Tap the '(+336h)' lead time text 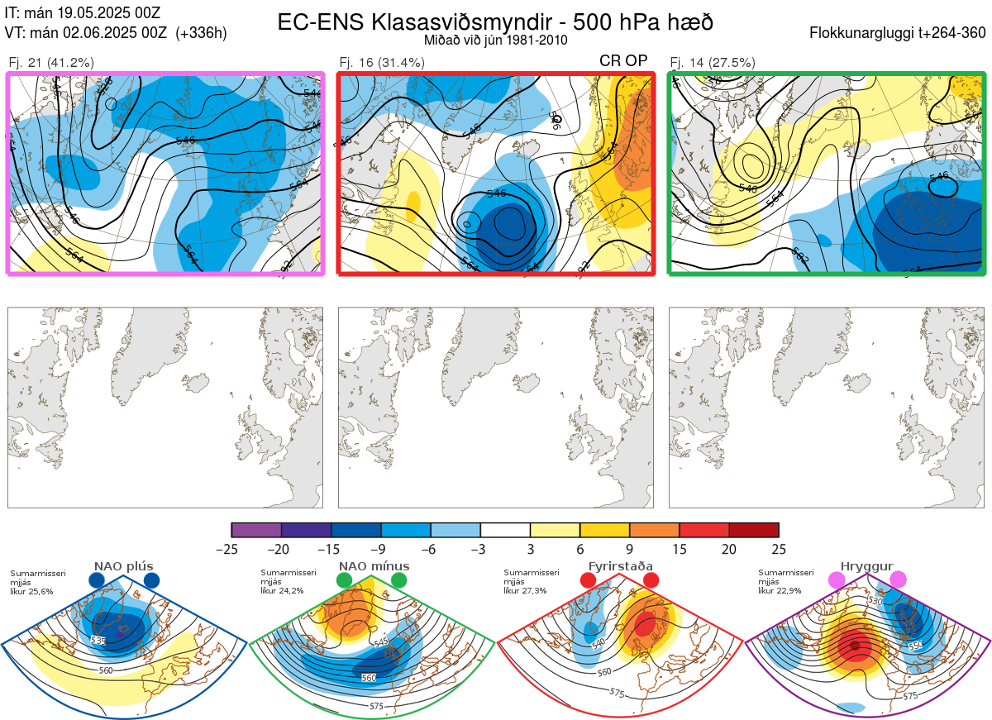point(201,33)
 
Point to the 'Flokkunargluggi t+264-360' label point(899,33)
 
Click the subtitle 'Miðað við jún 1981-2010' point(495,40)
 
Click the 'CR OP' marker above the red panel point(623,61)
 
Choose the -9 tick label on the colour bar point(381,549)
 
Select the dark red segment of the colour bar point(754,530)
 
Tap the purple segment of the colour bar point(256,530)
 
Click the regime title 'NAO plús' point(124,567)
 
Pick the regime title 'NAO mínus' point(374,567)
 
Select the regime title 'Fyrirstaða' point(620,567)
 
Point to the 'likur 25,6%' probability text point(31,591)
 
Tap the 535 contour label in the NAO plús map point(98,641)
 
